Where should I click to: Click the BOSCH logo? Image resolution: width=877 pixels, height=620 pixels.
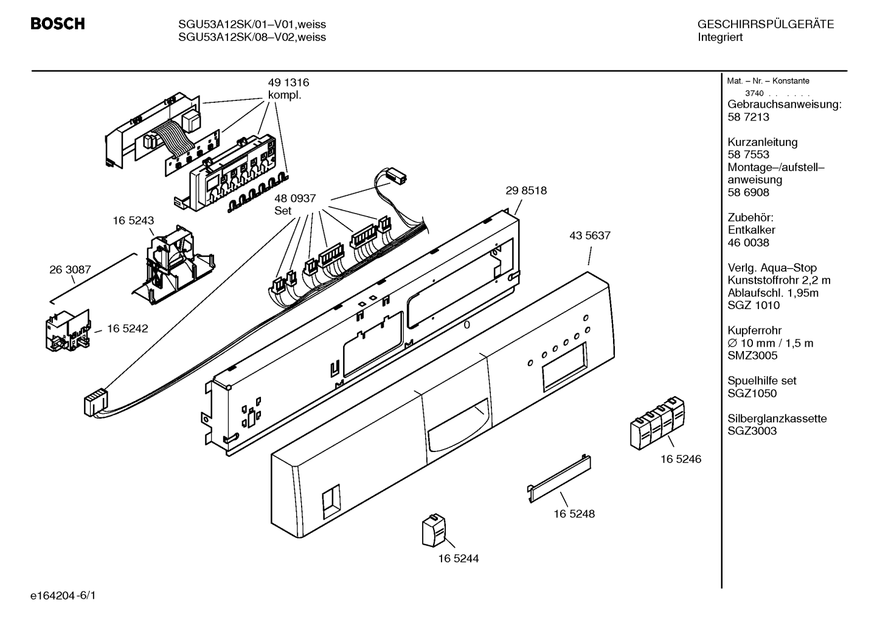pyautogui.click(x=58, y=24)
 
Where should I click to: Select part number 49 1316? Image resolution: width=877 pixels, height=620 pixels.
pyautogui.click(x=288, y=83)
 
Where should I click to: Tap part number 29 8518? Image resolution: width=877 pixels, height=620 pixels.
pyautogui.click(x=526, y=190)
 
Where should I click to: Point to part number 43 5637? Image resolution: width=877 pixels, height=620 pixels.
pyautogui.click(x=589, y=235)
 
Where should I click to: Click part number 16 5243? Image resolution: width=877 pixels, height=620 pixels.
pyautogui.click(x=134, y=220)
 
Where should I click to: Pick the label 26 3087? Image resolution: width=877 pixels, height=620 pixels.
pyautogui.click(x=70, y=270)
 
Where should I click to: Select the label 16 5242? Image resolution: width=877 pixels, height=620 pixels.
pyautogui.click(x=128, y=329)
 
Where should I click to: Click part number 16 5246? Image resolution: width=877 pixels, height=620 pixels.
pyautogui.click(x=681, y=459)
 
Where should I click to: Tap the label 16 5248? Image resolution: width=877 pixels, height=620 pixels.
pyautogui.click(x=574, y=514)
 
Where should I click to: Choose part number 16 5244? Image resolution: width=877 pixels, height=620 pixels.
pyautogui.click(x=459, y=559)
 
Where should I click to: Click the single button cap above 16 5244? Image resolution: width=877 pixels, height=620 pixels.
pyautogui.click(x=434, y=531)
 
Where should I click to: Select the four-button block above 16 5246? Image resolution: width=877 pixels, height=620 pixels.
pyautogui.click(x=657, y=423)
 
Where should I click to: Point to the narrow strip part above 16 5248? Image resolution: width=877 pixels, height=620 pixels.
pyautogui.click(x=560, y=478)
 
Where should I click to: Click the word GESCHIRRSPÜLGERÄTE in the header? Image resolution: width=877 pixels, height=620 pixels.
pyautogui.click(x=766, y=24)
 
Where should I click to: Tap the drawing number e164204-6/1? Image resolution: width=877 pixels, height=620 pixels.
pyautogui.click(x=63, y=596)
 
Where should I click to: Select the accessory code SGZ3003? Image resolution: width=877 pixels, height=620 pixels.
pyautogui.click(x=752, y=431)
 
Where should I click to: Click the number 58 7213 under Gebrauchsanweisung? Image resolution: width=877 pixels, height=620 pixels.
pyautogui.click(x=748, y=117)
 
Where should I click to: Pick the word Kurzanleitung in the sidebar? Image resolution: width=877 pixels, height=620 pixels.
pyautogui.click(x=762, y=142)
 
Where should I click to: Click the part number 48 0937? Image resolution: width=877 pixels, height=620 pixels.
pyautogui.click(x=295, y=198)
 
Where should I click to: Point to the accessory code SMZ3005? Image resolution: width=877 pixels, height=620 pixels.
pyautogui.click(x=752, y=355)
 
